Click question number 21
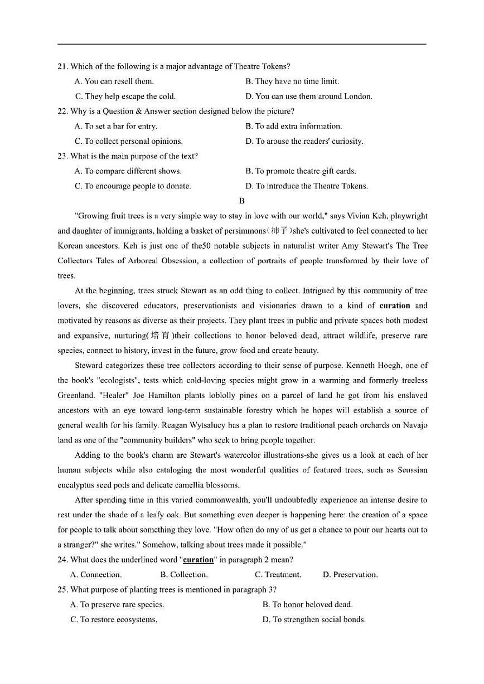pos(62,66)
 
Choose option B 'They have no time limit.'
pos(292,81)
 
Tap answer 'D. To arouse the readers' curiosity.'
pos(304,141)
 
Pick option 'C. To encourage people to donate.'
pos(133,186)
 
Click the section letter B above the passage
pos(241,201)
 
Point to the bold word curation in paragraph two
pos(394,305)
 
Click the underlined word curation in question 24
pos(199,560)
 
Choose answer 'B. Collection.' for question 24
pos(183,575)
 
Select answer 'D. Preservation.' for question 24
pos(350,575)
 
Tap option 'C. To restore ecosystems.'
pos(114,619)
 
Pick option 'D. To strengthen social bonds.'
pos(314,619)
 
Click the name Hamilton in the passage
pos(128,395)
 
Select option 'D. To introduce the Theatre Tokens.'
pos(306,186)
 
